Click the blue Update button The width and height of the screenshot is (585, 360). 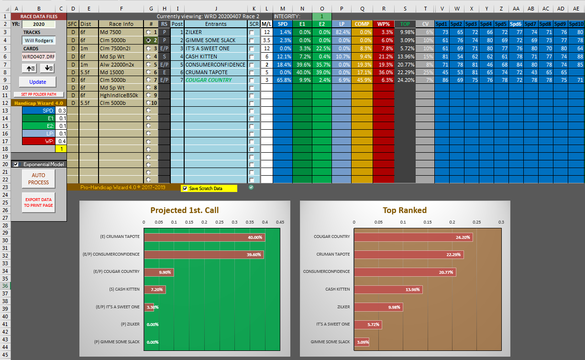(38, 82)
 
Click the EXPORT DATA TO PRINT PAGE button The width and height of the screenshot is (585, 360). (38, 202)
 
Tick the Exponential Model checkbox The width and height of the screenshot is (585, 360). (16, 164)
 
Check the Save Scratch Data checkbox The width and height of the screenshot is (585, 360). (185, 189)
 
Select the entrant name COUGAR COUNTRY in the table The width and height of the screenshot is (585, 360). (209, 80)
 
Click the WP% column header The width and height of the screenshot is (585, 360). (383, 24)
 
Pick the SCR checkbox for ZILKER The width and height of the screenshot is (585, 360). (252, 32)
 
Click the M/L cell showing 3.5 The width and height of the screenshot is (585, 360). (266, 40)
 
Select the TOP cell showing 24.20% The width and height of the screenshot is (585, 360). (405, 80)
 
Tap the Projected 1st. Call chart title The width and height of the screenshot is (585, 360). (184, 210)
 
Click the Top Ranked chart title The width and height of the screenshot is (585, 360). (405, 210)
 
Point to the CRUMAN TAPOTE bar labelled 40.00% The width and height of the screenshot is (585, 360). (204, 237)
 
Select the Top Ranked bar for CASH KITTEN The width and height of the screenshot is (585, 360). (388, 289)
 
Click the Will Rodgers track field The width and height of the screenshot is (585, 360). (39, 41)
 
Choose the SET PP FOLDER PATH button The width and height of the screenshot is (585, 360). (38, 94)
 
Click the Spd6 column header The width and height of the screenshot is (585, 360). (515, 24)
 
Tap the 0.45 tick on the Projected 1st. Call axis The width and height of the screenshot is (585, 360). (280, 222)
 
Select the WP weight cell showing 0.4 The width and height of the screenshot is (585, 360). (61, 141)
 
